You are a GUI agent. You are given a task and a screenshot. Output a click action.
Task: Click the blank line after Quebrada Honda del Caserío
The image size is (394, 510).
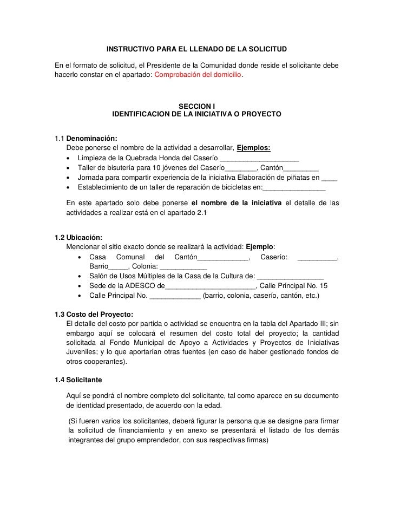(259, 158)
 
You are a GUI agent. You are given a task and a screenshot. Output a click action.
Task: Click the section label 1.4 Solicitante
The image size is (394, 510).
(79, 380)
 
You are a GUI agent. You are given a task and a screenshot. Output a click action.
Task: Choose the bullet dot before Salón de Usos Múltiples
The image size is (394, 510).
(81, 276)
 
